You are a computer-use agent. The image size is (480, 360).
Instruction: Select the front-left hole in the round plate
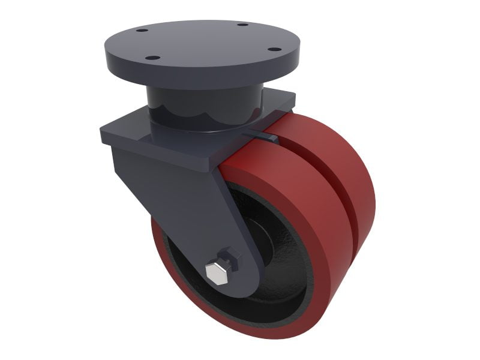click(152, 58)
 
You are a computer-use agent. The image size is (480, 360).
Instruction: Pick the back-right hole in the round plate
click(242, 25)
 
